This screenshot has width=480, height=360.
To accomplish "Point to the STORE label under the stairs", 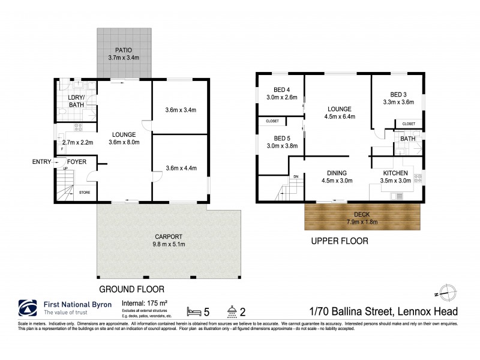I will pos(85,193).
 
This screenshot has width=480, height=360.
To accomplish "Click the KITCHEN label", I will pos(397,174).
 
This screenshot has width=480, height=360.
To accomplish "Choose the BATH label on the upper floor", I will pos(408,139).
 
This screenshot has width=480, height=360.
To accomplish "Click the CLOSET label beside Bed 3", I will pos(409,124).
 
